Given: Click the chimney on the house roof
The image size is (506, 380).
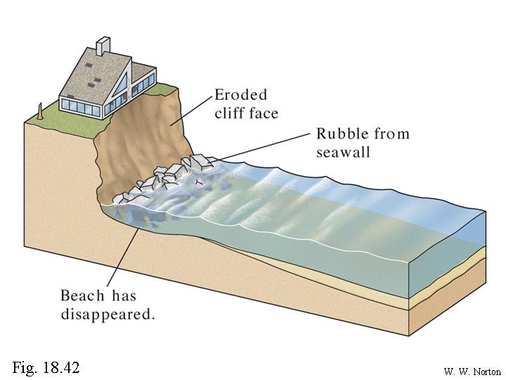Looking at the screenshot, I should [103, 46].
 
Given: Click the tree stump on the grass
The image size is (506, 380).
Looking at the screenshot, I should [41, 110].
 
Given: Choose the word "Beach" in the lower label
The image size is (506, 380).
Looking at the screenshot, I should [83, 296].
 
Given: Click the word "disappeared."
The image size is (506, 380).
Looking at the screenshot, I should [107, 314].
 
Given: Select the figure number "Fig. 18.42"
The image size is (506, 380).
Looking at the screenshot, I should [46, 367].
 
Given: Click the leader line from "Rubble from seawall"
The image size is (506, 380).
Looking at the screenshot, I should [260, 149].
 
